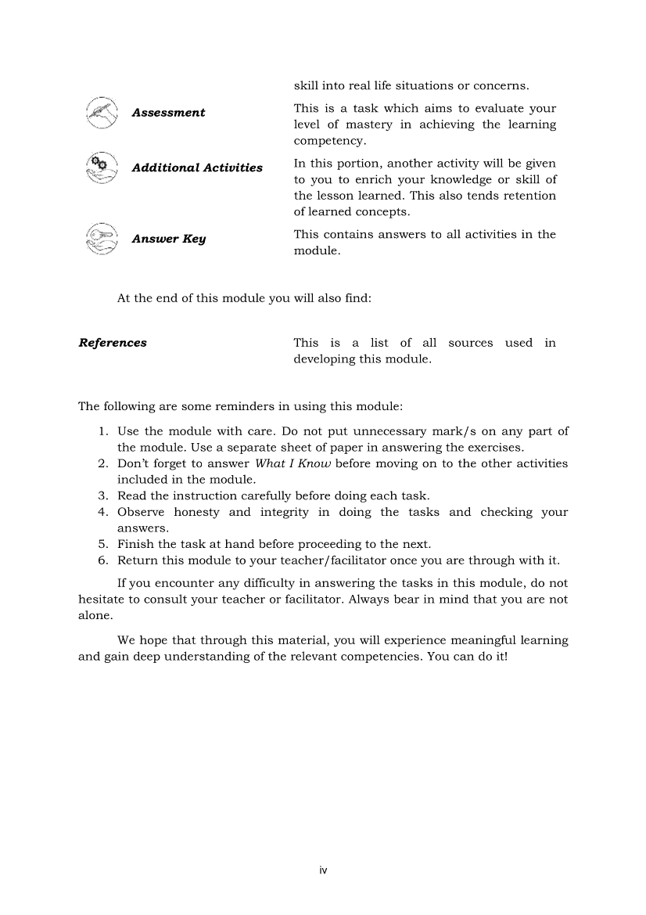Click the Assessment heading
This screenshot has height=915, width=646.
tap(168, 113)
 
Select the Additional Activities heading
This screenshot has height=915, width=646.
tap(197, 168)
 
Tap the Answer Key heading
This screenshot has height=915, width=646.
tap(168, 239)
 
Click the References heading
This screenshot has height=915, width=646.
tap(113, 343)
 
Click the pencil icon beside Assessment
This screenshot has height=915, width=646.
tap(102, 113)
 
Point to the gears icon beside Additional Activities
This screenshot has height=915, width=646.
tap(102, 167)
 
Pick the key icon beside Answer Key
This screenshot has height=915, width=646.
tap(102, 238)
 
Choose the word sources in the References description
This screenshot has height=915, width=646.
tap(471, 343)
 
